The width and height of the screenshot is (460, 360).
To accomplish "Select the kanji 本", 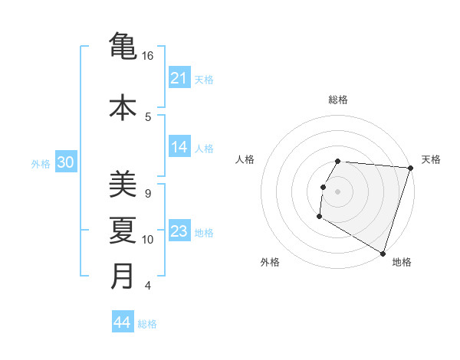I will [x=123, y=106].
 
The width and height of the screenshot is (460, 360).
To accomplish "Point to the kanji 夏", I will [x=123, y=230].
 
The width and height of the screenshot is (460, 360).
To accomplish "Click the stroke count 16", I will [x=148, y=56].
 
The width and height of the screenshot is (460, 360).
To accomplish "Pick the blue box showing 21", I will [x=179, y=78].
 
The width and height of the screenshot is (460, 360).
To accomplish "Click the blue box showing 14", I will [x=179, y=148].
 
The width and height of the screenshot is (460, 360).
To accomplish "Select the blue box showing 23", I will [x=179, y=232].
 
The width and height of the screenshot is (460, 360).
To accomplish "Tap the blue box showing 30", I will [x=65, y=163].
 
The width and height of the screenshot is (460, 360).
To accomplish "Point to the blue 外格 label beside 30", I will [x=41, y=164].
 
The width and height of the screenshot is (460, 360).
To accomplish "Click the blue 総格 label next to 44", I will [x=147, y=324].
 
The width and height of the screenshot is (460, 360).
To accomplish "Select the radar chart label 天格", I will [x=431, y=159].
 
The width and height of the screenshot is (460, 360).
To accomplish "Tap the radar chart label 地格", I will [x=402, y=262].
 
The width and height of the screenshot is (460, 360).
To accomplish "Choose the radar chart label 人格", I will [x=245, y=159].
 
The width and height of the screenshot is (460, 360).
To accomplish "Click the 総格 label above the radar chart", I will [x=338, y=100].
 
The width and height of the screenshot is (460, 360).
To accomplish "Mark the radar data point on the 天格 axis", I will [x=410, y=168].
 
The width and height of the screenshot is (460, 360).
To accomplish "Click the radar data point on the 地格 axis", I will [x=383, y=253].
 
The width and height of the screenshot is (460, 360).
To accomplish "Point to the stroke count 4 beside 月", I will [x=148, y=286].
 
